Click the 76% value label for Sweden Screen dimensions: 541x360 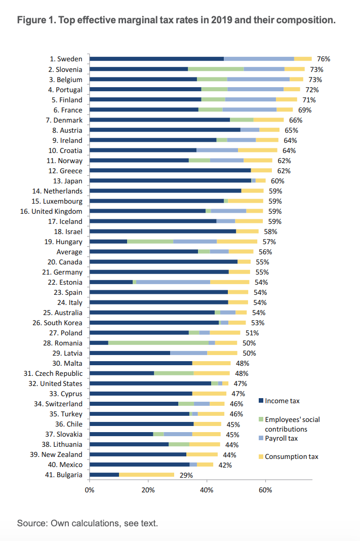click(x=324, y=59)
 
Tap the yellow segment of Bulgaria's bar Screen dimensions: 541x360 click(x=146, y=475)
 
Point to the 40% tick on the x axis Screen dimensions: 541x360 click(x=207, y=490)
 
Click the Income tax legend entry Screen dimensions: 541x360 click(x=282, y=401)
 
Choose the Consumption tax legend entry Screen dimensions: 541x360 click(x=291, y=456)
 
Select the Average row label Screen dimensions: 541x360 click(x=69, y=252)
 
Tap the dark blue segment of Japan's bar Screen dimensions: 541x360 click(x=170, y=181)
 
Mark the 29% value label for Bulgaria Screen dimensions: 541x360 click(x=186, y=475)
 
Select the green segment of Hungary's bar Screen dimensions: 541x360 click(x=150, y=242)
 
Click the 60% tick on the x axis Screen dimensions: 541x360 click(x=265, y=490)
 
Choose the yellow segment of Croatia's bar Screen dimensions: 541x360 click(x=257, y=150)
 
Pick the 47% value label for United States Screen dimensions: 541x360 click(x=240, y=383)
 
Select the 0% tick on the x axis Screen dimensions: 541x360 click(x=90, y=490)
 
